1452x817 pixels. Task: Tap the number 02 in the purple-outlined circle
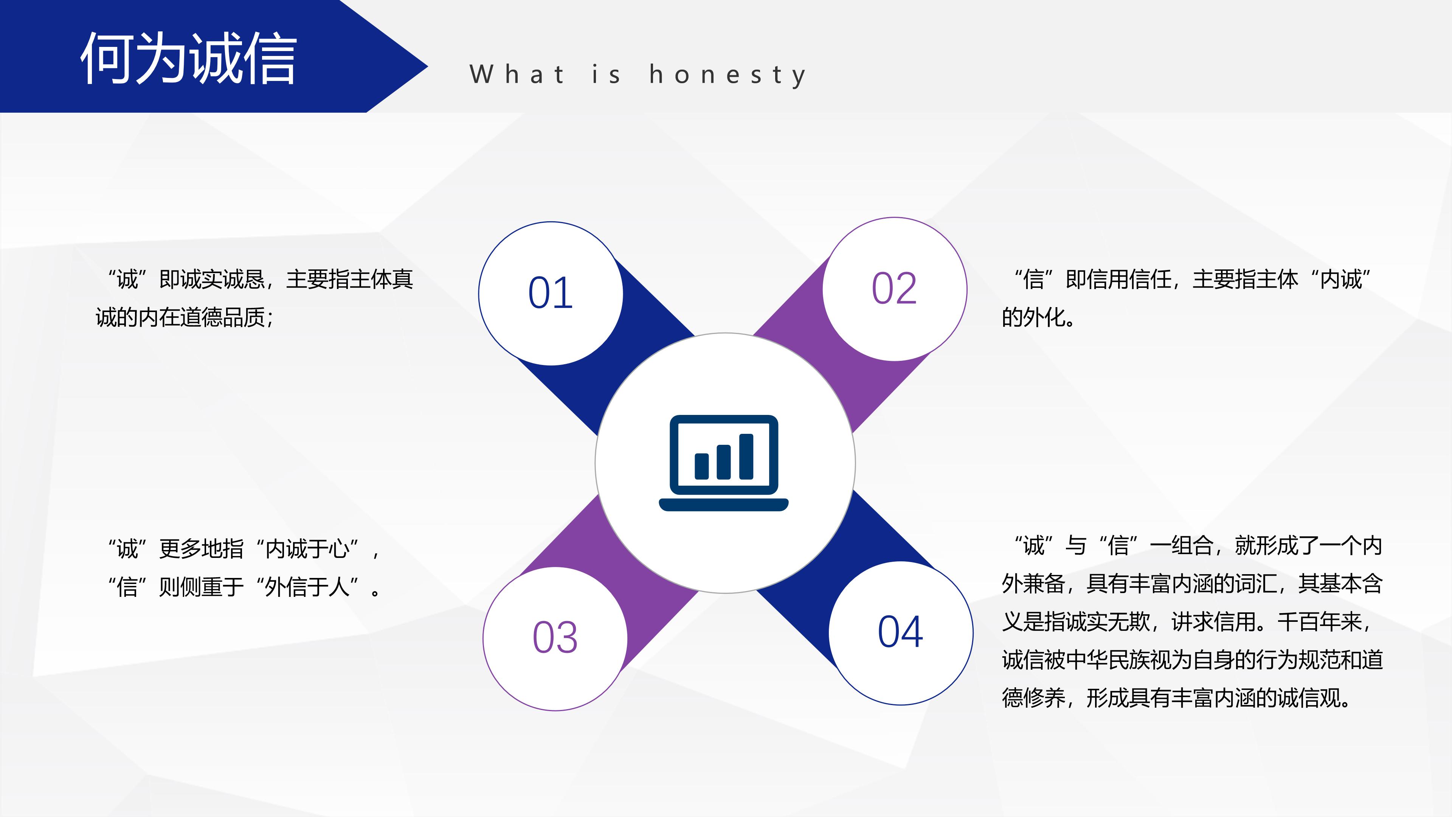pos(895,289)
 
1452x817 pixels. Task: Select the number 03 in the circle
pos(555,638)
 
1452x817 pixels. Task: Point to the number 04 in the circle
pos(901,632)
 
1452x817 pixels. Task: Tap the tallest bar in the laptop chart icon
pos(746,457)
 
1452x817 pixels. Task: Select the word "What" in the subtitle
pos(517,75)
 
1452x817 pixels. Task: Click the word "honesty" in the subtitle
pos(728,75)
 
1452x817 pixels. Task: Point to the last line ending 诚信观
pos(1177,698)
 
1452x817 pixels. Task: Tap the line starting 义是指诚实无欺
pos(1187,622)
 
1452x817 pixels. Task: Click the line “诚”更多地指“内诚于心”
pos(244,548)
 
